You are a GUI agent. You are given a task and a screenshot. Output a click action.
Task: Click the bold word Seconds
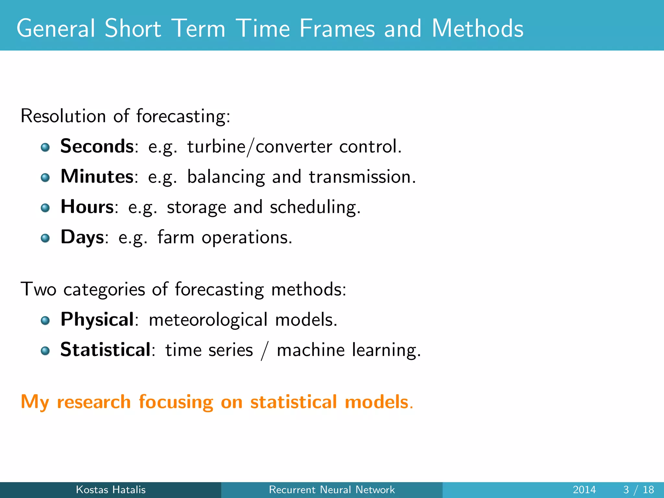97,146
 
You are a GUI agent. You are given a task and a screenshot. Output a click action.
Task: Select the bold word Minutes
97,177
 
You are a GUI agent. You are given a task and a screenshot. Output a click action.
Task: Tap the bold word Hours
87,207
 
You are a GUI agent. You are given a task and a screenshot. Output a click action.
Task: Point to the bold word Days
82,237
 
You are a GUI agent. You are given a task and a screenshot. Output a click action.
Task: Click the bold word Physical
97,320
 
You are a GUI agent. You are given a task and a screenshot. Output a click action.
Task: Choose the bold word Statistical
105,350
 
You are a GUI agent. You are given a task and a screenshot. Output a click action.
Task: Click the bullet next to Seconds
45,148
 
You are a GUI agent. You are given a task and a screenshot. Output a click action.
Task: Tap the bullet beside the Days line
45,239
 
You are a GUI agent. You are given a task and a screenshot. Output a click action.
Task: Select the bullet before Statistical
45,351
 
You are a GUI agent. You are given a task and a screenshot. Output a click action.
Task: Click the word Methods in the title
477,29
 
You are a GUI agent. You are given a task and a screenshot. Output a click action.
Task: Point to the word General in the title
55,29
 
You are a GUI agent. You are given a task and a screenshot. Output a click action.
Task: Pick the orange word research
94,402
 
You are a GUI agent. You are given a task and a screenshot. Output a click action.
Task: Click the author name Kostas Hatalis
111,490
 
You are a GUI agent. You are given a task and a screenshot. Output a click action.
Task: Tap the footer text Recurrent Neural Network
332,490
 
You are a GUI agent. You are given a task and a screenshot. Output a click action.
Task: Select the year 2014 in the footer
584,490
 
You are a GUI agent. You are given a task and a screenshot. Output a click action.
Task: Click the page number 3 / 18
638,490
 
